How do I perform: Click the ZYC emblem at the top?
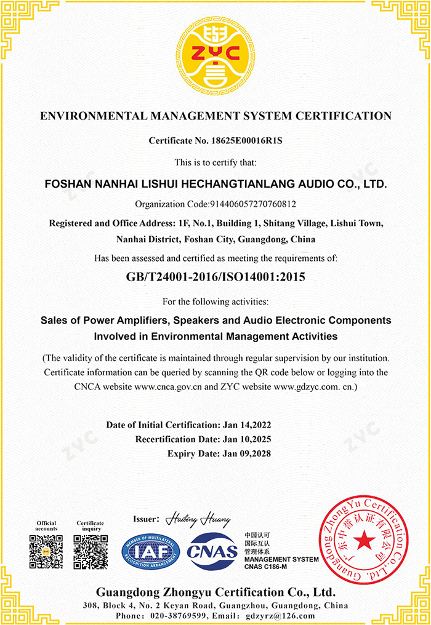pos(216,56)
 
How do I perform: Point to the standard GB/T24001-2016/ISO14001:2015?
pos(216,277)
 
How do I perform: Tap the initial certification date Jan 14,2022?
pos(246,425)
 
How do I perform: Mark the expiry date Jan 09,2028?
pos(246,453)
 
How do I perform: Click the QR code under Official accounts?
pos(46,552)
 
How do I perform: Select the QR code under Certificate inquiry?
pos(90,552)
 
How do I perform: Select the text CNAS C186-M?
pos(266,566)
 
